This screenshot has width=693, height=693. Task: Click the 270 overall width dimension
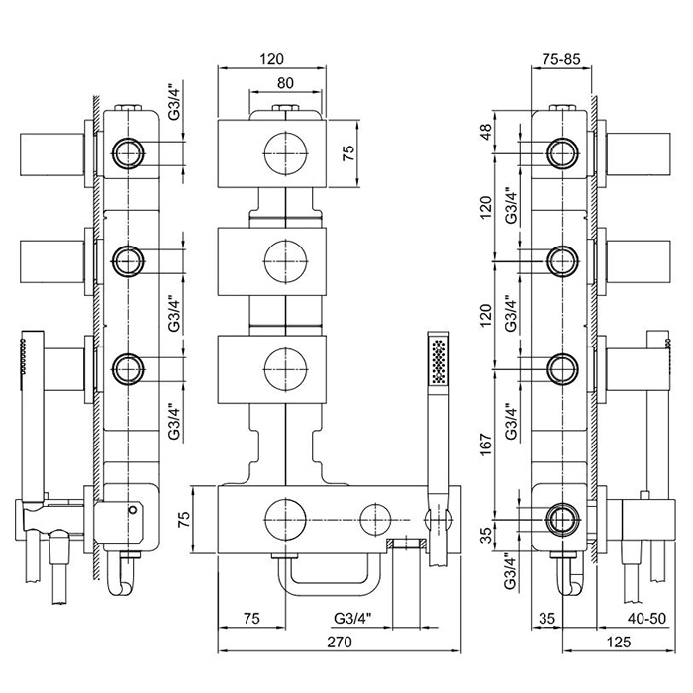click(339, 642)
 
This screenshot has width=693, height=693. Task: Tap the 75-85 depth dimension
click(562, 58)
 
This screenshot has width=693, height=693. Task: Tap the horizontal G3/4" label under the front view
click(353, 618)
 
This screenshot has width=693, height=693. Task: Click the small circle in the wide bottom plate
click(374, 516)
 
